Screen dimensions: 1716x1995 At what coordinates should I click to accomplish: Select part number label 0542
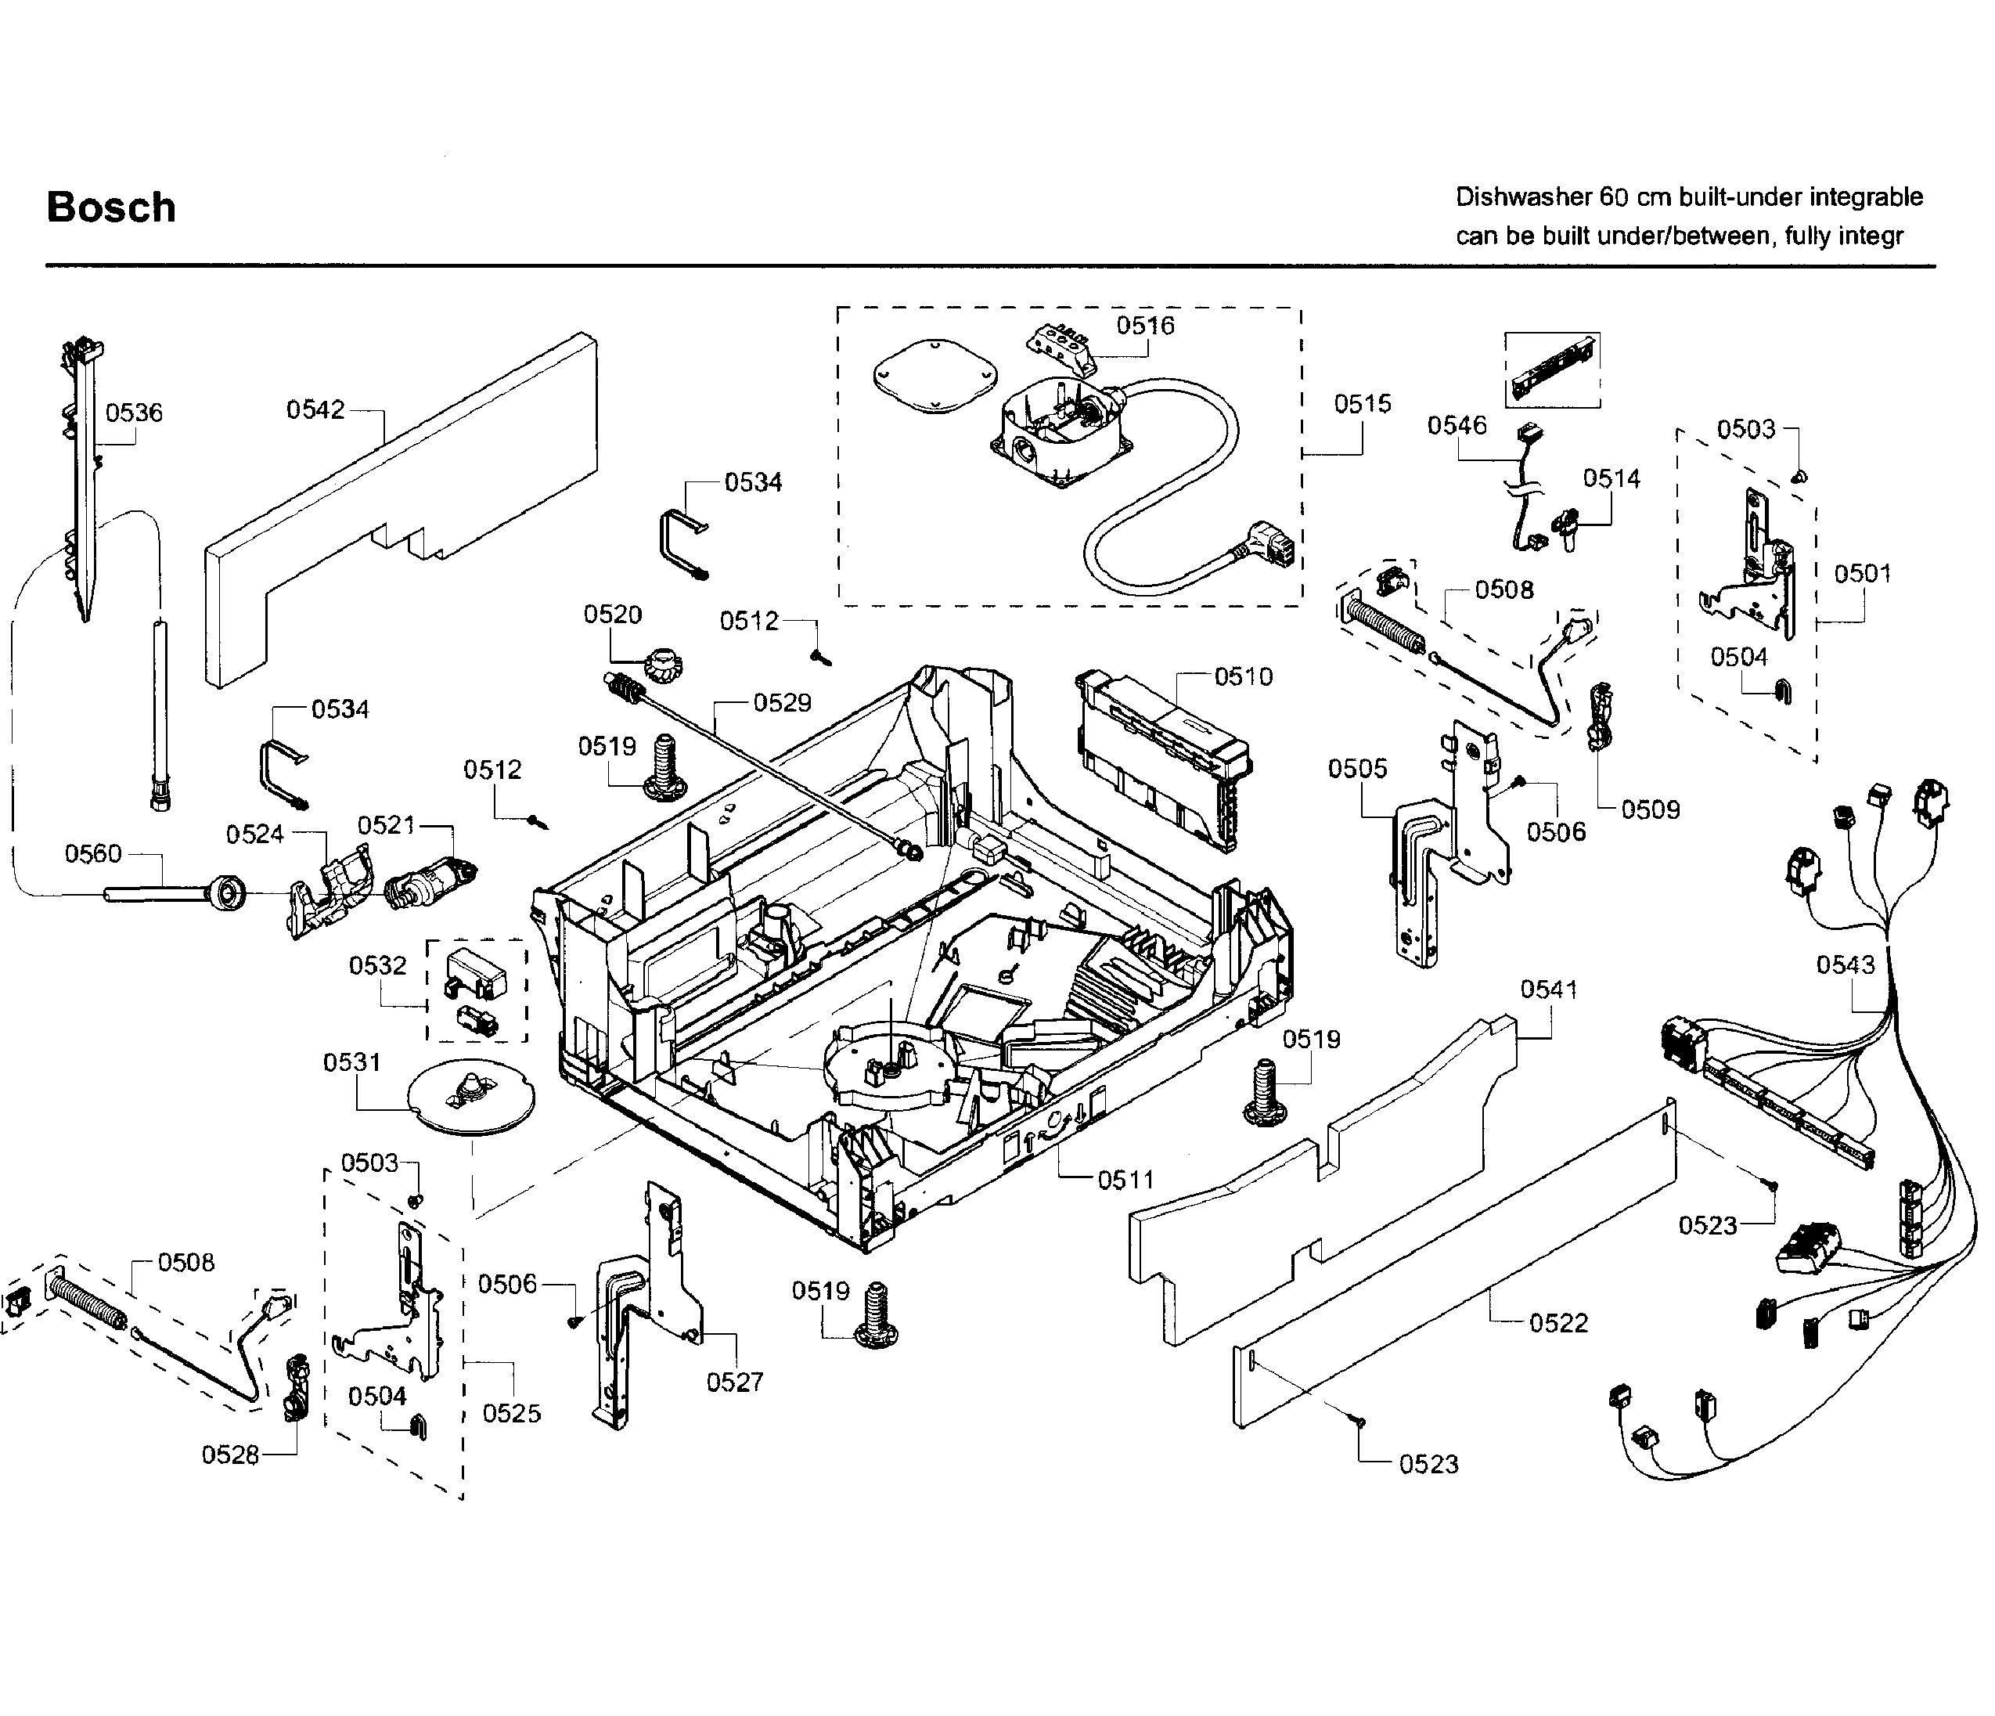tap(315, 410)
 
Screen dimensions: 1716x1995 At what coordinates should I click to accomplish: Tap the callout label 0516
tap(1145, 326)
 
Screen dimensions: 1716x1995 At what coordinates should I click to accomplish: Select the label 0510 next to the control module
tap(1243, 677)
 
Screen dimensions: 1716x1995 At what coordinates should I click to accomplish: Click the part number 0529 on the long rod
tap(782, 703)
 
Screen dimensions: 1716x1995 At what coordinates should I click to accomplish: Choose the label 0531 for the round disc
tap(351, 1062)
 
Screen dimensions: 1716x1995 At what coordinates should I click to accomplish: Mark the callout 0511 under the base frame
tap(1125, 1180)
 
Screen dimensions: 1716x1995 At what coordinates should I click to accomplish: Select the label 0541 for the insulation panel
tap(1548, 989)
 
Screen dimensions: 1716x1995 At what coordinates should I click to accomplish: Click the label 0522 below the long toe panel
tap(1557, 1323)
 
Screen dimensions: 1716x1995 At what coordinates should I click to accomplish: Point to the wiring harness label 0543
tap(1845, 965)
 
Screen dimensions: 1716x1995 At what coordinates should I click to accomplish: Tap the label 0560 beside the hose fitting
tap(93, 854)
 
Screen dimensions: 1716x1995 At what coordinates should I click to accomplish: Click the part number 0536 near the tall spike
tap(134, 413)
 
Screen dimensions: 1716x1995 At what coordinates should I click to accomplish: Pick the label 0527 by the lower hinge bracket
tap(735, 1383)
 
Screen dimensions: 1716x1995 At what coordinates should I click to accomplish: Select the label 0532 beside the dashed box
tap(377, 966)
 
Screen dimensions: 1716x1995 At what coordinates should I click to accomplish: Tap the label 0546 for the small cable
tap(1457, 426)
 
